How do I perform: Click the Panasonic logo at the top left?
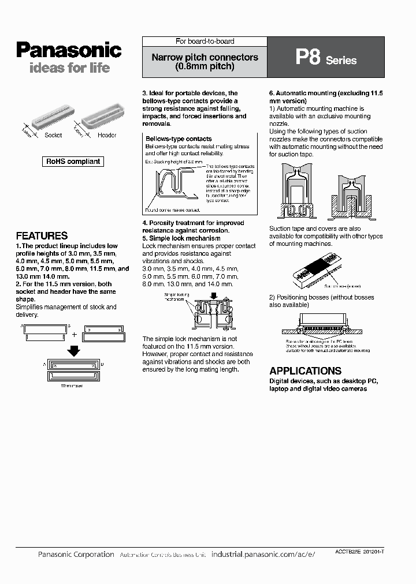point(69,50)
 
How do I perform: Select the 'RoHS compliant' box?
point(73,162)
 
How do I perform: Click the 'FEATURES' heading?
point(42,235)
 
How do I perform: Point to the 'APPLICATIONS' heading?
point(305,371)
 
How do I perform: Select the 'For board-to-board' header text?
point(205,42)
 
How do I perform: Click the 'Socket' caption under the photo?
point(53,135)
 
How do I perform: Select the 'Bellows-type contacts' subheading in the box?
point(179,139)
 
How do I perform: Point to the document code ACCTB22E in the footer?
point(347,552)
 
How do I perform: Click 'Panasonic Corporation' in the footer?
point(76,554)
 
